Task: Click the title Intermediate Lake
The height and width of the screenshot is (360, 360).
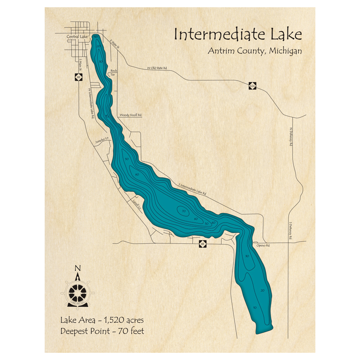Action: (238, 35)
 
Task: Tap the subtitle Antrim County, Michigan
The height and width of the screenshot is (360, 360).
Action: (255, 51)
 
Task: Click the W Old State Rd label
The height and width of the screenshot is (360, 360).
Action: (157, 68)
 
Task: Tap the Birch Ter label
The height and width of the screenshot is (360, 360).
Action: (114, 72)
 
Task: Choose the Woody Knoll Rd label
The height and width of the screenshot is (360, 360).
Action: (130, 115)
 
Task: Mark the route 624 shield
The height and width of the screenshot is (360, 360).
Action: (253, 86)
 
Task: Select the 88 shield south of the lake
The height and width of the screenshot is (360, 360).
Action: (203, 244)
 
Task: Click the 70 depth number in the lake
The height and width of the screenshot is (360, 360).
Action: (184, 211)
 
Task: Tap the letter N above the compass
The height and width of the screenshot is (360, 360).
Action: (77, 268)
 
